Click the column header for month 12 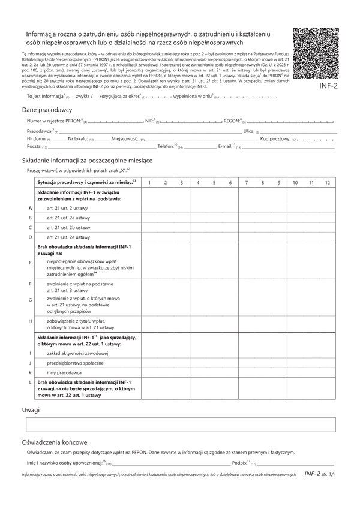(327, 182)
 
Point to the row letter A (30, 207)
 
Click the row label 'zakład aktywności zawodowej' (77, 353)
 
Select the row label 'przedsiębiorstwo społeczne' (75, 363)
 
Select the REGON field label (232, 121)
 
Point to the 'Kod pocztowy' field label (275, 138)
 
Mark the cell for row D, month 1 (149, 237)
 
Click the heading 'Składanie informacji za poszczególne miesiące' (87, 161)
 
